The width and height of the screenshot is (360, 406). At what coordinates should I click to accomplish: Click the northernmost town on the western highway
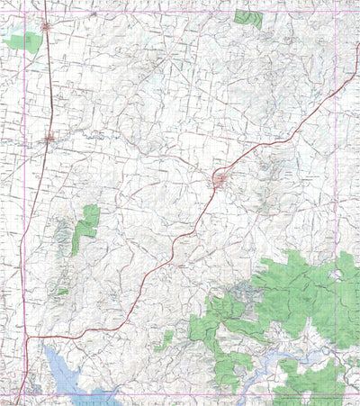46,27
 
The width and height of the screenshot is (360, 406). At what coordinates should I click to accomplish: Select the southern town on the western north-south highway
49,138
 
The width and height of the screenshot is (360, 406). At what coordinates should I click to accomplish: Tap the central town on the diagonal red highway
220,181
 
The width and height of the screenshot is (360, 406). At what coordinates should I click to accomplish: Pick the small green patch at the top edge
248,16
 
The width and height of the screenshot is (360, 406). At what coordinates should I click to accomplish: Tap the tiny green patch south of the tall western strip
62,291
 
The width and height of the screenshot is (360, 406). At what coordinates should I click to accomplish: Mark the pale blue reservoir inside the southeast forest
310,357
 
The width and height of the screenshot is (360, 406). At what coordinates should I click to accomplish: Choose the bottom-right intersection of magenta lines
335,393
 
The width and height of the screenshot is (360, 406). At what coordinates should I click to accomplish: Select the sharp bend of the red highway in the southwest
31,338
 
